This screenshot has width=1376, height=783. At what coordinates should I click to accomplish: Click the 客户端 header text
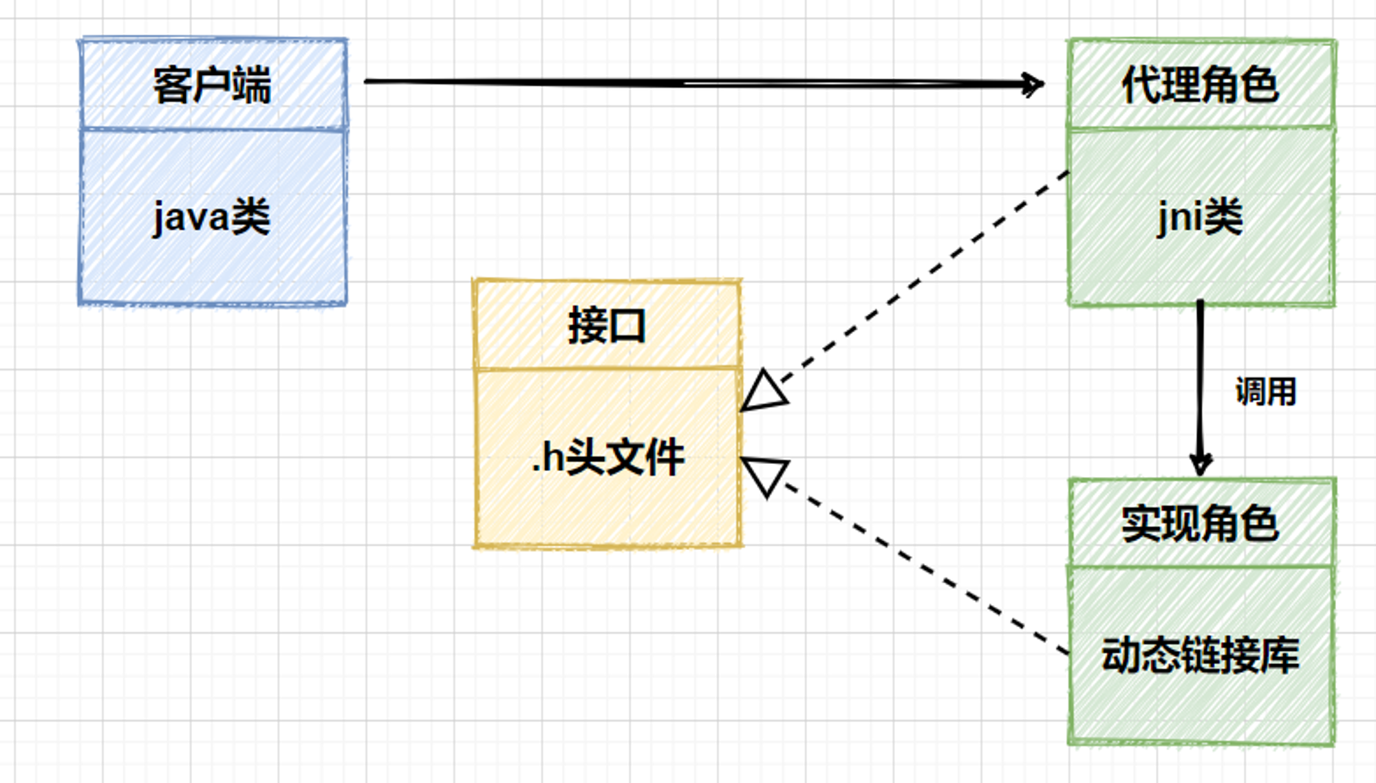[212, 85]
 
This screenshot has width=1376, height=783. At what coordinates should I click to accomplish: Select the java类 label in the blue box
[211, 217]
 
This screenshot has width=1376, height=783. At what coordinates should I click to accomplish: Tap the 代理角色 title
[1201, 85]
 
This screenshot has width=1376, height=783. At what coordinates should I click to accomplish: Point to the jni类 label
[1200, 217]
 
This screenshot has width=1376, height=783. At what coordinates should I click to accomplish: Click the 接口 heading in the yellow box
[607, 326]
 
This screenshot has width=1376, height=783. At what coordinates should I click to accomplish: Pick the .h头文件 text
[608, 457]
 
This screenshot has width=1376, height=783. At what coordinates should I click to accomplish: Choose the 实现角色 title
[1201, 524]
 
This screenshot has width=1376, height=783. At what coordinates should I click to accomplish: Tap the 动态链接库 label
[1201, 654]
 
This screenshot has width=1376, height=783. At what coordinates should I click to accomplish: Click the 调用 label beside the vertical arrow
[1266, 392]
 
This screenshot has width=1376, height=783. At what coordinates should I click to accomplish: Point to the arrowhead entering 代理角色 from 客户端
[1034, 85]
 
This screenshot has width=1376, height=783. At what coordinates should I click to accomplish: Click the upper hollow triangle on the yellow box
[763, 392]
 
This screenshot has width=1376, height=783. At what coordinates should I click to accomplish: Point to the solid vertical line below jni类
[1201, 382]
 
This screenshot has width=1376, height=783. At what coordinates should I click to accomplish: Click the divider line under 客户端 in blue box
[213, 129]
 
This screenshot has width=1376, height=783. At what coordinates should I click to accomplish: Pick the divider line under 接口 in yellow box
[608, 368]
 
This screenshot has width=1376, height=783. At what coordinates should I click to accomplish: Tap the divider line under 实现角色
[1201, 566]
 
